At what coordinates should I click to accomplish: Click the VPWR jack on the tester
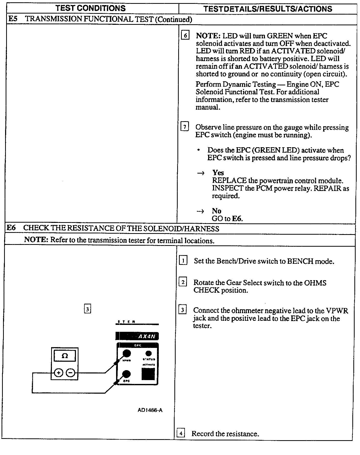(x=127, y=354)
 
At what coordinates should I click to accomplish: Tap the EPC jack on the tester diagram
(x=126, y=374)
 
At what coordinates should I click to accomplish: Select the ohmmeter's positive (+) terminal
(x=59, y=373)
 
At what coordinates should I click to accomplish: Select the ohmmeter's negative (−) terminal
(x=71, y=373)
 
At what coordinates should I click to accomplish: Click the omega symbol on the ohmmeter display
(x=65, y=356)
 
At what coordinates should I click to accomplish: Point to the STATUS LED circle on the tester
(x=148, y=354)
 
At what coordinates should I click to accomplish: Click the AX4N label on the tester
(x=147, y=336)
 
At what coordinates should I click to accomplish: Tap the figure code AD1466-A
(x=150, y=410)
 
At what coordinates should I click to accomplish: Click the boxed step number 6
(x=185, y=35)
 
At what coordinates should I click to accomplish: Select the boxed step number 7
(x=185, y=127)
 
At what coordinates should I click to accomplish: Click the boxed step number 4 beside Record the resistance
(x=181, y=433)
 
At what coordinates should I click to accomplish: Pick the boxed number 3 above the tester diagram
(x=87, y=309)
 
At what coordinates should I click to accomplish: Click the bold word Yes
(x=218, y=173)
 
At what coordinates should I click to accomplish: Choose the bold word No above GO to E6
(x=216, y=211)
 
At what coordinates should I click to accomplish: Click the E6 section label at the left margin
(x=11, y=228)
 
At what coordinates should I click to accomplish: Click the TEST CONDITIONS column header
(x=91, y=8)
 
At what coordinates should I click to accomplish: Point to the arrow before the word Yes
(x=201, y=173)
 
